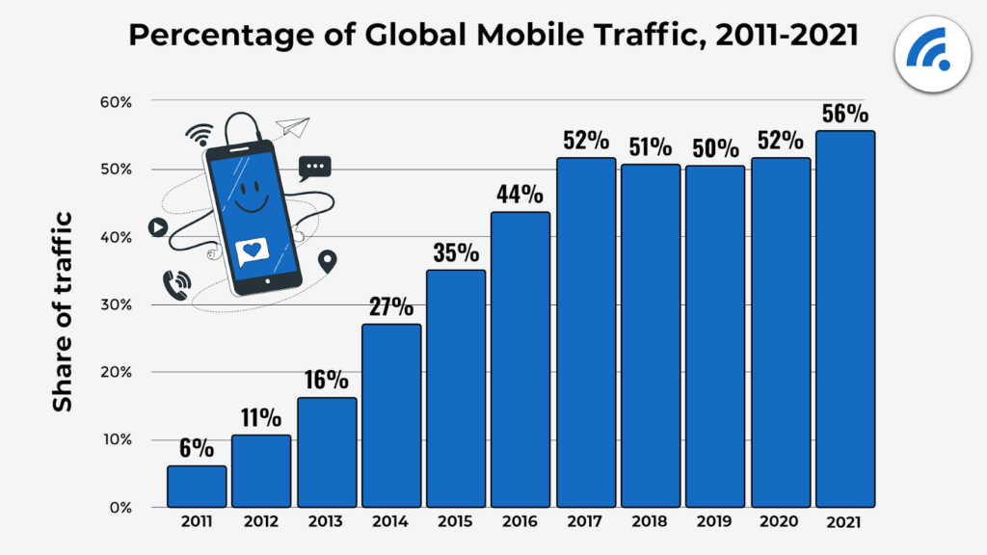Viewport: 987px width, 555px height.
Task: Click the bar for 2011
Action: pyautogui.click(x=197, y=487)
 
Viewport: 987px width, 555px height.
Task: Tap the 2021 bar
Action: pyautogui.click(x=845, y=319)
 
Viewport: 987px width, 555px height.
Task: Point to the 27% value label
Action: pyautogui.click(x=390, y=308)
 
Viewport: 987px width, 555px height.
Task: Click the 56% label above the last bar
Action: pyautogui.click(x=845, y=114)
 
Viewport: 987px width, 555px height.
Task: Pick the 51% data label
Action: pyautogui.click(x=651, y=147)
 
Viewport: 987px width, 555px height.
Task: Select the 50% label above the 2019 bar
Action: pyautogui.click(x=715, y=149)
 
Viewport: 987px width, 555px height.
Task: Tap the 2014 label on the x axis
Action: pyautogui.click(x=390, y=522)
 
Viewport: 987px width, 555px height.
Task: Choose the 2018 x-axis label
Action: pyautogui.click(x=651, y=522)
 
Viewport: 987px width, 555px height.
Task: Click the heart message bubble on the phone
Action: pyautogui.click(x=252, y=251)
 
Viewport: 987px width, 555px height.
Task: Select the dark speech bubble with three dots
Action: pyautogui.click(x=314, y=168)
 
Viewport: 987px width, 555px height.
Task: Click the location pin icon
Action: pyautogui.click(x=328, y=260)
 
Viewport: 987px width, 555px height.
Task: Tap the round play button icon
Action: pyautogui.click(x=157, y=227)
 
